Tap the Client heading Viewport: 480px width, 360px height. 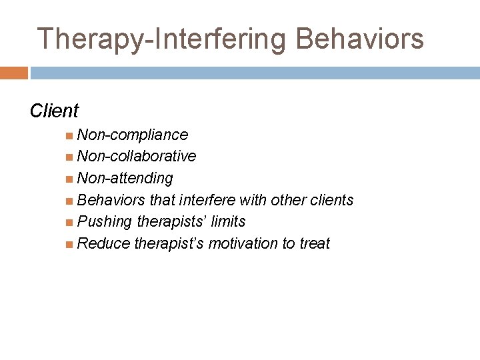(x=54, y=111)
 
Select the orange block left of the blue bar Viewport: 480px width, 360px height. (x=14, y=73)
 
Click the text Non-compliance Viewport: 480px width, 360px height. (x=133, y=135)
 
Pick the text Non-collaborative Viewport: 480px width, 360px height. (x=137, y=156)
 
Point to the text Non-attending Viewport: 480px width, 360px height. (x=125, y=178)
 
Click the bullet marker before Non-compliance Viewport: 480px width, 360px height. (x=70, y=135)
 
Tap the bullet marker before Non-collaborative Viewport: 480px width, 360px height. (x=70, y=157)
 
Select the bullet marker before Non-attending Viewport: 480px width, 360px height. (x=70, y=179)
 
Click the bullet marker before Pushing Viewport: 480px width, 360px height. (x=70, y=222)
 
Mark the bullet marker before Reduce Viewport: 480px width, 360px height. (x=70, y=244)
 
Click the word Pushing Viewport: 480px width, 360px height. (x=105, y=221)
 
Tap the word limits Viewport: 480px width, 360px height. (x=227, y=221)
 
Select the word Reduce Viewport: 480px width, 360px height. (x=103, y=243)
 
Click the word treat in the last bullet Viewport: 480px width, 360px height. (x=315, y=243)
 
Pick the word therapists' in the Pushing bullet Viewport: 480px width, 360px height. (x=172, y=221)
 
